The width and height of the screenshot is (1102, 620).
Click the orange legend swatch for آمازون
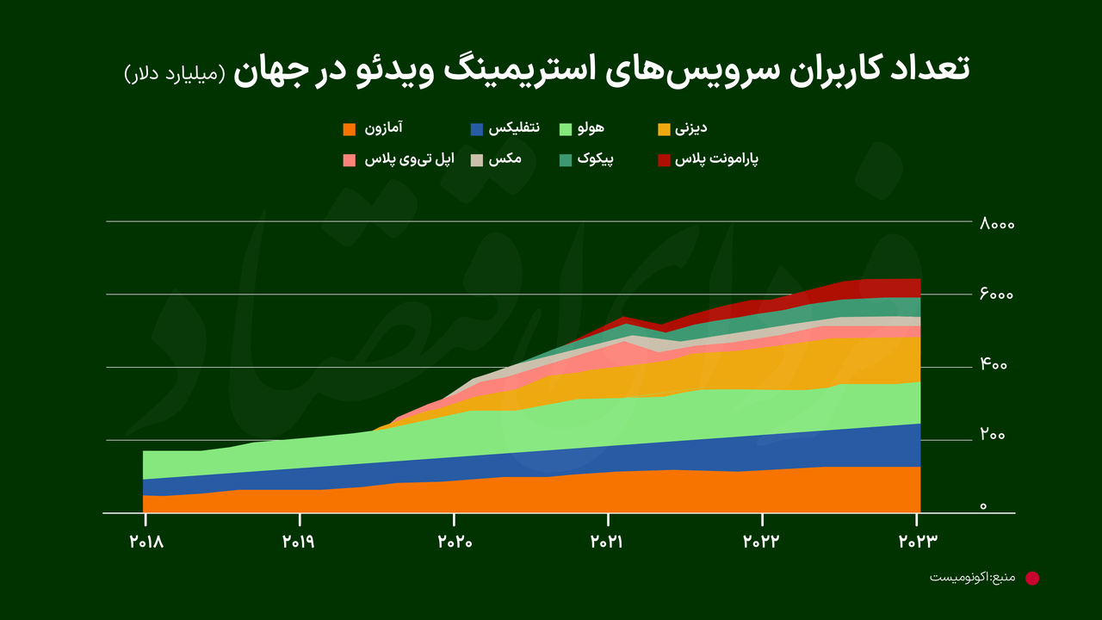tap(350, 130)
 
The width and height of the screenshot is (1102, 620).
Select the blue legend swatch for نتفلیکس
tap(477, 130)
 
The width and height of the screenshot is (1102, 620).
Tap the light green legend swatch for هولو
tap(566, 130)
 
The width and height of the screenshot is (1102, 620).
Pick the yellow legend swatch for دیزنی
tap(664, 130)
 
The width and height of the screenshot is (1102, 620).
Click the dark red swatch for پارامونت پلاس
tap(664, 160)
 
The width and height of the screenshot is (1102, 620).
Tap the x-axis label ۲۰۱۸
tap(145, 542)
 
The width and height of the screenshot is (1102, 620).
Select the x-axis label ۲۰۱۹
tap(300, 542)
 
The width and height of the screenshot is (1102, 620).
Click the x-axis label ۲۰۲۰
tap(454, 542)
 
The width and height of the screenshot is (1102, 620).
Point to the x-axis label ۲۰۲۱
tap(608, 542)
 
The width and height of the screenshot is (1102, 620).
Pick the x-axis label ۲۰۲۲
tap(762, 542)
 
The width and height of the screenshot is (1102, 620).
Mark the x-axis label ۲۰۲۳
tap(916, 542)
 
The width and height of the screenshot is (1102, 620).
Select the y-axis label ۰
tap(983, 507)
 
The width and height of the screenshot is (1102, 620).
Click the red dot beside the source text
tap(1032, 578)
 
